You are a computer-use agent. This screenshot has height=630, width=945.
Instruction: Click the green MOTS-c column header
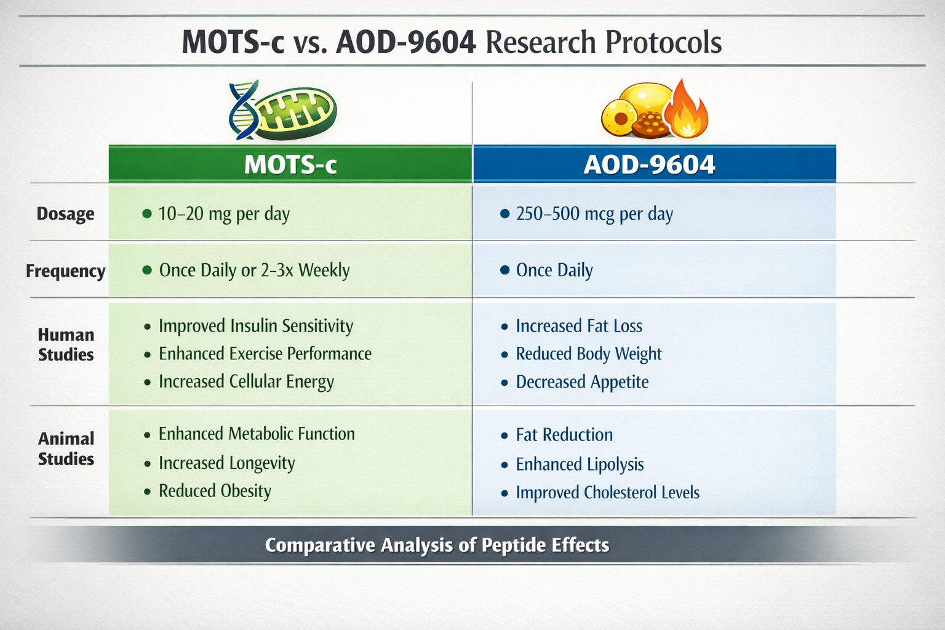290,164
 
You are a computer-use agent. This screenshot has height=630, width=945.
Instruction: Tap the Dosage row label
66,214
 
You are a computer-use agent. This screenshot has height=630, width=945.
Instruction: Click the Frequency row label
66,271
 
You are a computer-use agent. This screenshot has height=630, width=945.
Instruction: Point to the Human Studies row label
66,345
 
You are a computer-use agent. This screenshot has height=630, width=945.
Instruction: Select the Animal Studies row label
66,449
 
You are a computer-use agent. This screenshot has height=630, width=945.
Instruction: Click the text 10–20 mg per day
224,214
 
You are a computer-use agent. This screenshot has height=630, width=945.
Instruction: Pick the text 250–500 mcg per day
594,214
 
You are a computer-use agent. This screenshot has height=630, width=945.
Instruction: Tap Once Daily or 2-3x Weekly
254,271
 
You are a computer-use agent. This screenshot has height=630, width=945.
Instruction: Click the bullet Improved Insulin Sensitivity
255,326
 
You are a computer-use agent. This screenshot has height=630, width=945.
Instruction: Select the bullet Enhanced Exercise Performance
265,354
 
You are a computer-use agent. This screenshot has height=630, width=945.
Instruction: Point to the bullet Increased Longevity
226,463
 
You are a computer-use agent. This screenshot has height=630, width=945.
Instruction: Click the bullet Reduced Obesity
215,491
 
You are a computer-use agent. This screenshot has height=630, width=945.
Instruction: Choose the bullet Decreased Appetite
582,382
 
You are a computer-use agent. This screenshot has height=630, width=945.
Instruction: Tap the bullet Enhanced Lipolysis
580,465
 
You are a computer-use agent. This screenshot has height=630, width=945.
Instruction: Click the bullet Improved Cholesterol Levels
607,493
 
